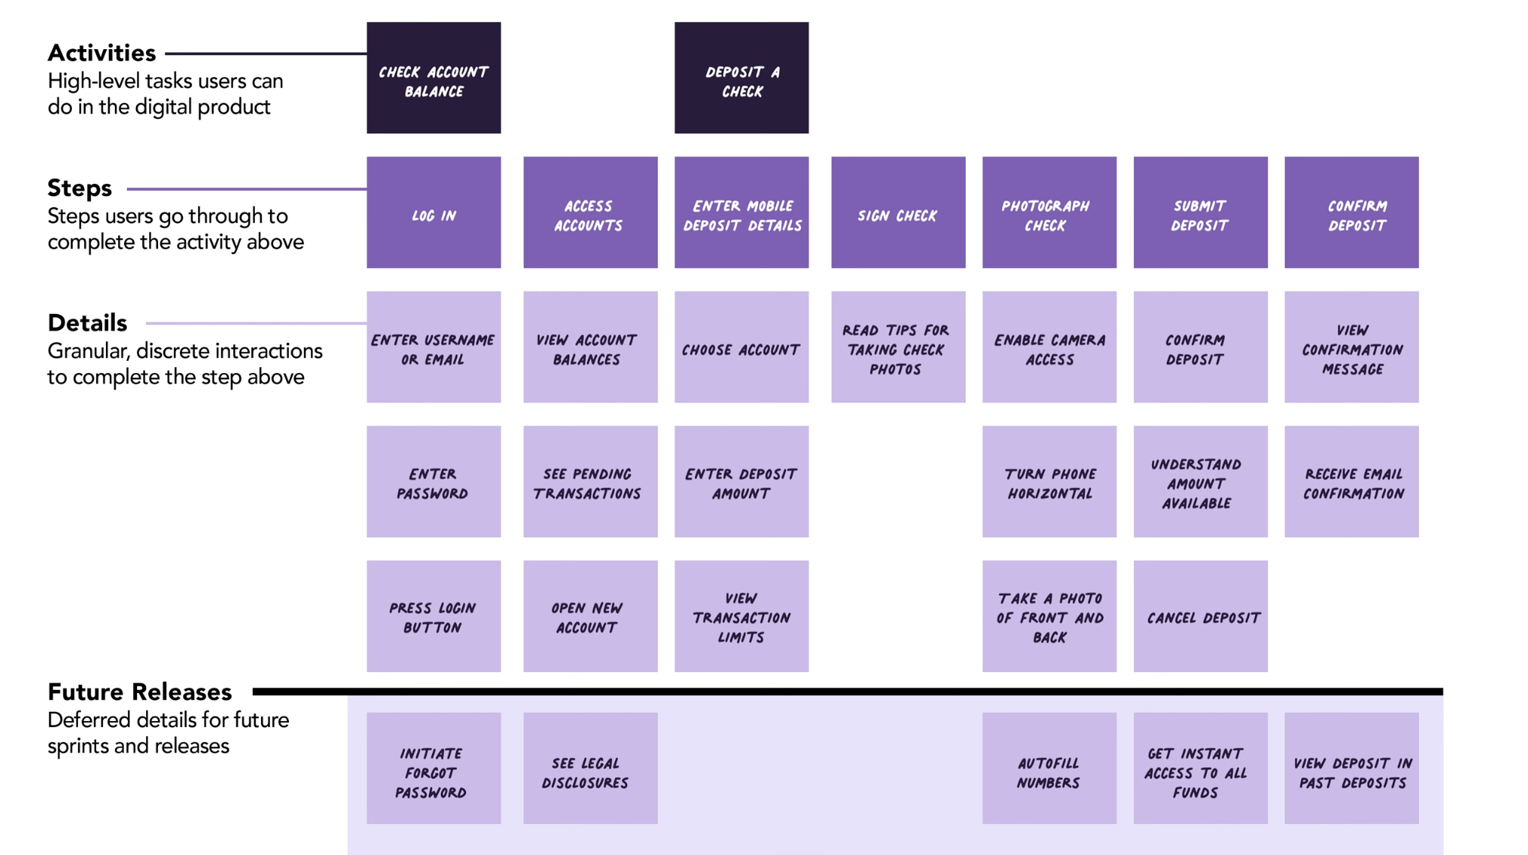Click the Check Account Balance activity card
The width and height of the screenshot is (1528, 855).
(433, 78)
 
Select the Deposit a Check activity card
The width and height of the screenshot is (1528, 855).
(741, 78)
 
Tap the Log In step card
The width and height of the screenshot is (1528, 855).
(433, 213)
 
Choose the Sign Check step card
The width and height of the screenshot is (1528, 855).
(898, 213)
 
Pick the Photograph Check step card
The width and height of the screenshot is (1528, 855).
(1049, 213)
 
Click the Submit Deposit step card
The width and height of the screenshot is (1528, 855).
(1200, 213)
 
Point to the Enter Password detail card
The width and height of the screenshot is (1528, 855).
(433, 482)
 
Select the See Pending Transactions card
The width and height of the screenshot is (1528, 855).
(590, 482)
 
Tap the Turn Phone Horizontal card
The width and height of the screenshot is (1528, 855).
(1049, 482)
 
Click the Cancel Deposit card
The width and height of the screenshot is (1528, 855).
(1200, 616)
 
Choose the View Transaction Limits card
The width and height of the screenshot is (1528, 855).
(741, 616)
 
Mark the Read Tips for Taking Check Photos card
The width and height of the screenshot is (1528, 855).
(898, 347)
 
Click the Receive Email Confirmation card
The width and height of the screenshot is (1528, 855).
(1352, 482)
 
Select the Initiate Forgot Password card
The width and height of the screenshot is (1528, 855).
(433, 768)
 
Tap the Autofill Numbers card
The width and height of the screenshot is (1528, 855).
(1049, 768)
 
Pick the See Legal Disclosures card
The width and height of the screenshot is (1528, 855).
(590, 768)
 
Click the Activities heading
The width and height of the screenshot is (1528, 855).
(102, 53)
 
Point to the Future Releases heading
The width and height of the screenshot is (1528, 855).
(140, 692)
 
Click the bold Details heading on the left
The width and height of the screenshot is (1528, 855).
(88, 323)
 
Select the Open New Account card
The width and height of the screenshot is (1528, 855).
(590, 616)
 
